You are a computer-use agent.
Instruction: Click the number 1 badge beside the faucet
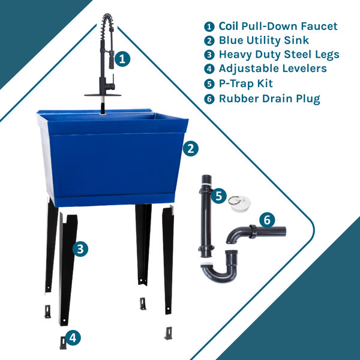pyautogui.click(x=122, y=59)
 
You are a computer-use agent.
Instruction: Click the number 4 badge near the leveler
pyautogui.click(x=73, y=338)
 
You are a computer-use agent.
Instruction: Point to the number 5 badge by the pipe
pyautogui.click(x=218, y=196)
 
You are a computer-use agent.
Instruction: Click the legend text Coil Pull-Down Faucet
pyautogui.click(x=277, y=26)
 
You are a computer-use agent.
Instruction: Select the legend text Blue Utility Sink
pyautogui.click(x=263, y=41)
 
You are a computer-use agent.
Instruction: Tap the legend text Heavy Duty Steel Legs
pyautogui.click(x=278, y=55)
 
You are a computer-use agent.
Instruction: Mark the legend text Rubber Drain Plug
pyautogui.click(x=269, y=98)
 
